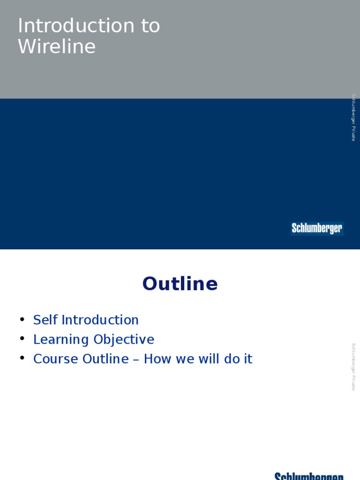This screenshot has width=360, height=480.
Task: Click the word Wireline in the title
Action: coord(57,47)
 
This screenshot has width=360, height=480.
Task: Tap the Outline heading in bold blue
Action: coord(180,284)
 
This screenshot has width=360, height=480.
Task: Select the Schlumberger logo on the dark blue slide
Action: coord(317,228)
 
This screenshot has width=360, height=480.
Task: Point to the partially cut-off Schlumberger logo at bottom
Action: coord(309,476)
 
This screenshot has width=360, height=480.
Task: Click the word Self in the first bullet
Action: coord(45,320)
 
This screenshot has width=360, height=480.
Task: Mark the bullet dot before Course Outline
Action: coord(22,358)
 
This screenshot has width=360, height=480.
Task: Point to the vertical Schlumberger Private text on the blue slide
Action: coord(354,117)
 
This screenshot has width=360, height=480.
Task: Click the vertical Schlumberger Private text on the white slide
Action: coord(354,367)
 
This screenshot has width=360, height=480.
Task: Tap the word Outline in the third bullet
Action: coord(105,359)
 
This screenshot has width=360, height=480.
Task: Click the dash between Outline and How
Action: coord(136,360)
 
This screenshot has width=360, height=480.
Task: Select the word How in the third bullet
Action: coord(155,359)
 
